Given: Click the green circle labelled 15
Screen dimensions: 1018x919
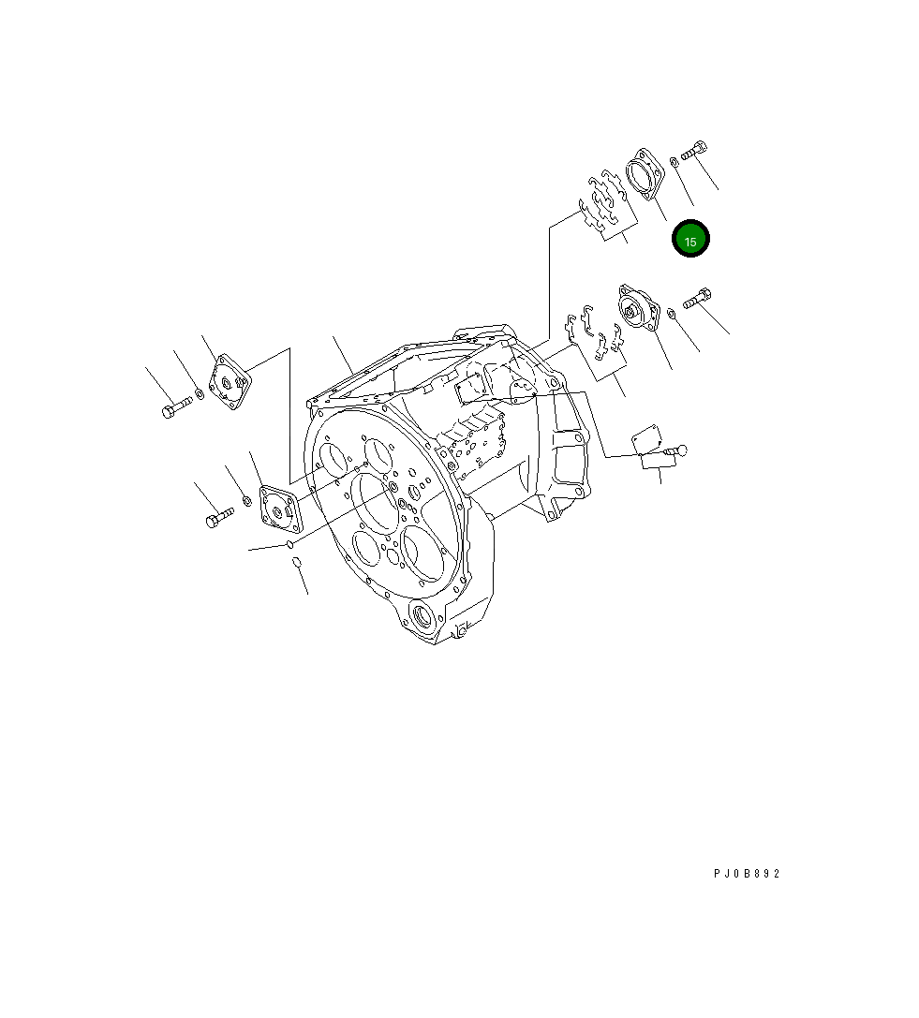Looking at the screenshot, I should (691, 239).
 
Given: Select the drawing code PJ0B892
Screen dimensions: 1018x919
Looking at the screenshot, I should (746, 874).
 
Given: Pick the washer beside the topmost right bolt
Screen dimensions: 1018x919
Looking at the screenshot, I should (675, 163).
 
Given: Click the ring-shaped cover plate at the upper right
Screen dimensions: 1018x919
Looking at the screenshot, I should (645, 175).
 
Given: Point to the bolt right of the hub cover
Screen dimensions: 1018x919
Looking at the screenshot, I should (698, 299).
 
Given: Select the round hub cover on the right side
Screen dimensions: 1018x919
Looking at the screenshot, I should (637, 309).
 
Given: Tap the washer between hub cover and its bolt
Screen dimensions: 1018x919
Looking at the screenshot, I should (672, 312).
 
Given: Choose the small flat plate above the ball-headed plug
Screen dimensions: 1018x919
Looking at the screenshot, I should (645, 435).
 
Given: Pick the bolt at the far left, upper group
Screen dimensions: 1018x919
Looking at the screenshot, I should (173, 409).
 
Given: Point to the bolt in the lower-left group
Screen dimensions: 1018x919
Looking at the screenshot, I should (218, 516).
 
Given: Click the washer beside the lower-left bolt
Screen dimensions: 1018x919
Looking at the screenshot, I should (246, 501).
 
